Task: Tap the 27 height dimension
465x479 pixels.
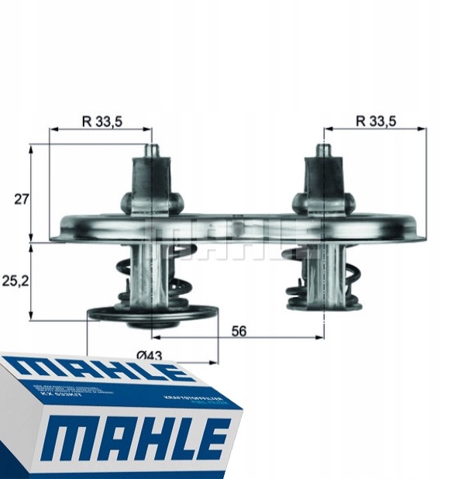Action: (21, 199)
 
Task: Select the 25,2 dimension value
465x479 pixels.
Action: (15, 281)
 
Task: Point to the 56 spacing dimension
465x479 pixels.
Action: (239, 330)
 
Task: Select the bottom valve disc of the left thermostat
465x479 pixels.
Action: (151, 314)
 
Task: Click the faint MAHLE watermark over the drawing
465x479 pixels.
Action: (232, 236)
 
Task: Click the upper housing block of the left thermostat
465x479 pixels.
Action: (152, 182)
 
